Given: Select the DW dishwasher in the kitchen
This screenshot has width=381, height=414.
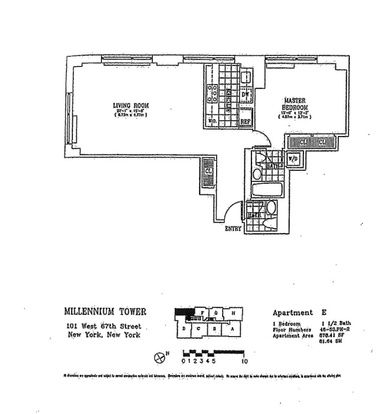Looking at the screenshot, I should [246, 95].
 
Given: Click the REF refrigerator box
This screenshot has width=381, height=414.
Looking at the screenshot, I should [245, 121].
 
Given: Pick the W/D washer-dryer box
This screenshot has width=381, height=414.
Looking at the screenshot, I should [293, 159].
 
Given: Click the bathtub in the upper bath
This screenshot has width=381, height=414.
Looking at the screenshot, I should [267, 190].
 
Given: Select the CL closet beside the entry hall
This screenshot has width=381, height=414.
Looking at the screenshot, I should [208, 172].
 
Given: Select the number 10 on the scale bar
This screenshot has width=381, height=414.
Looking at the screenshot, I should [245, 361].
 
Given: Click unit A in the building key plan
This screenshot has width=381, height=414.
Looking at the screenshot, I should [232, 330].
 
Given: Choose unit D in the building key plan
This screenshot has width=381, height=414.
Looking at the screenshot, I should [184, 330].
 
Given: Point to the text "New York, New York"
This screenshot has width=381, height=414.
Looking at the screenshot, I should [104, 335].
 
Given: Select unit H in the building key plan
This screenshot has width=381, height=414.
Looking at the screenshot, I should [233, 313].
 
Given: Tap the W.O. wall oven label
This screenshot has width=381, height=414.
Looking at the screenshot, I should [212, 121].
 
